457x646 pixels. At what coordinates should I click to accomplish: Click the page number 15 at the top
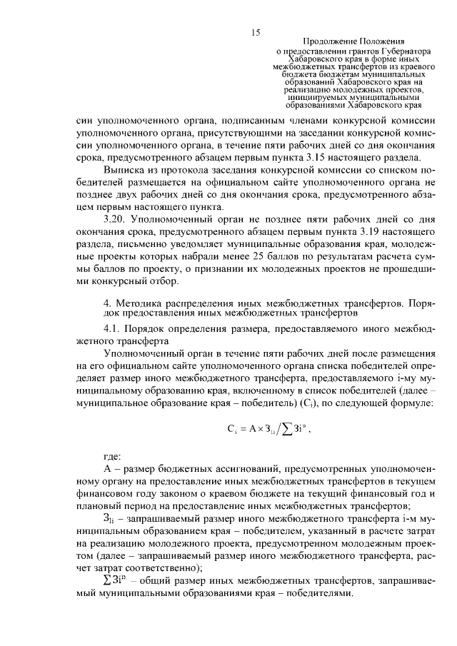tap(255, 32)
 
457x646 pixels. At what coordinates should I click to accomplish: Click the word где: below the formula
tap(113, 458)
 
